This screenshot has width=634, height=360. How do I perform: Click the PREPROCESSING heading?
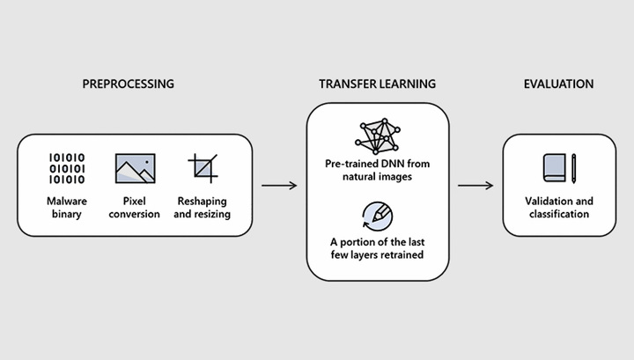(129, 84)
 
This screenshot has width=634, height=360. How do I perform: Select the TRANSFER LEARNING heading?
(377, 84)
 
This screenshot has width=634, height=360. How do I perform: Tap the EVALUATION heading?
(558, 84)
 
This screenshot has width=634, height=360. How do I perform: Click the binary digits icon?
(67, 168)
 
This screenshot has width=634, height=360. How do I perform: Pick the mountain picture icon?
(135, 168)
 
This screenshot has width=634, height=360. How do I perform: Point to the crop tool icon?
(203, 168)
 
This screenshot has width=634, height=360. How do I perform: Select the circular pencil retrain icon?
(377, 214)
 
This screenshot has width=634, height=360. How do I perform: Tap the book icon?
(554, 168)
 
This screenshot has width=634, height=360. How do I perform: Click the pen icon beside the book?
(574, 168)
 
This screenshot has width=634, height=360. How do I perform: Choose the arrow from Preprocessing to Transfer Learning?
(279, 186)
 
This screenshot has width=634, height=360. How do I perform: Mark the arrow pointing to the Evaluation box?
(475, 186)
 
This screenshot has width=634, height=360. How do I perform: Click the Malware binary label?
(67, 208)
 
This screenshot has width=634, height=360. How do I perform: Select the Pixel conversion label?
(135, 208)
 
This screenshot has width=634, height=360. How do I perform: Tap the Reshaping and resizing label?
(203, 208)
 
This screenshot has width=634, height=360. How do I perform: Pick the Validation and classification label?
(558, 208)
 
